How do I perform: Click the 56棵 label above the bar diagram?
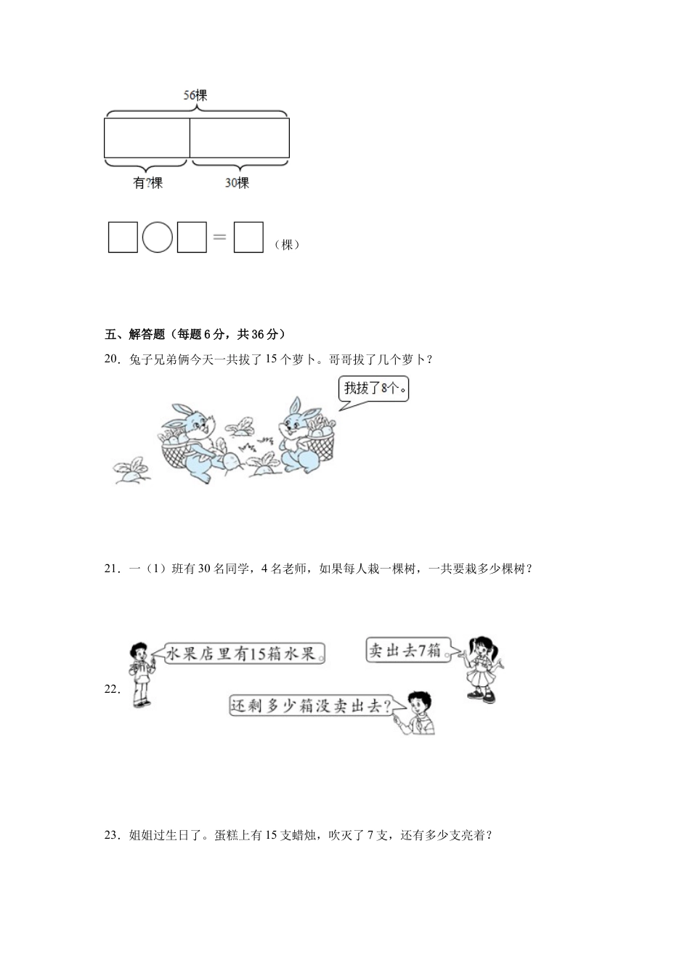(x=195, y=95)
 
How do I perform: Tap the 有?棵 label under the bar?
(x=147, y=183)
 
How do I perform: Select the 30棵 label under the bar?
(x=237, y=183)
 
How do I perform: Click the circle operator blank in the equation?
(x=158, y=237)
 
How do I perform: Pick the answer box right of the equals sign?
(x=248, y=237)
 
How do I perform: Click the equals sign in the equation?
(x=219, y=237)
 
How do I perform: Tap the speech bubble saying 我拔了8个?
(x=374, y=389)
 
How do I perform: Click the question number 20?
(x=112, y=359)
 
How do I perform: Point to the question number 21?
(x=112, y=569)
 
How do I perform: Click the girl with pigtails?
(x=482, y=669)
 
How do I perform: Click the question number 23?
(x=112, y=835)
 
